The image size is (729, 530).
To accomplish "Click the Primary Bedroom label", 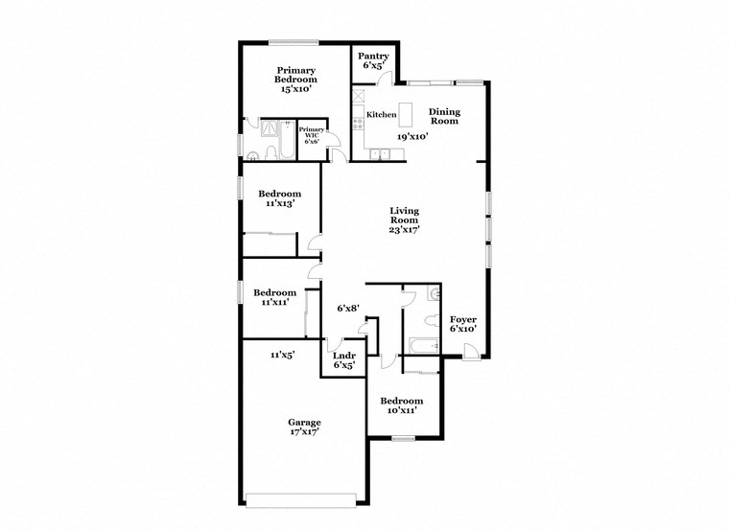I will point(297,80).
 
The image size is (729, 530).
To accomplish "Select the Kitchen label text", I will point(381,115).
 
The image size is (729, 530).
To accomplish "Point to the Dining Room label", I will point(444,116).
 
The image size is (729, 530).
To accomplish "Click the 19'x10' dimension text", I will point(412,136).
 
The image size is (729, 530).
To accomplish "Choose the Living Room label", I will point(404,219).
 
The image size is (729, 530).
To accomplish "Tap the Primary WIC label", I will point(312,135).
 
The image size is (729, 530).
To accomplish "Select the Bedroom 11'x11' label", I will point(274,297).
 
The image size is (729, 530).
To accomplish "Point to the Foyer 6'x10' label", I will point(462,324).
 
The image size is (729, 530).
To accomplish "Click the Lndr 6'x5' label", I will point(343,359).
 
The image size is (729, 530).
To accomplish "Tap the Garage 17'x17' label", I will point(304,426).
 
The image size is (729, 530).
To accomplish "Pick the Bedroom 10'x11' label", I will point(400,405).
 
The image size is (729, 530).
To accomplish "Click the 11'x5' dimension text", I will point(281,355).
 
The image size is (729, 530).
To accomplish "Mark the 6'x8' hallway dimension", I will point(347,309).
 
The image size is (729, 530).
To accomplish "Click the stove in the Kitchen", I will point(358,121).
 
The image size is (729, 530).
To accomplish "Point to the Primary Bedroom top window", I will point(293,41).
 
